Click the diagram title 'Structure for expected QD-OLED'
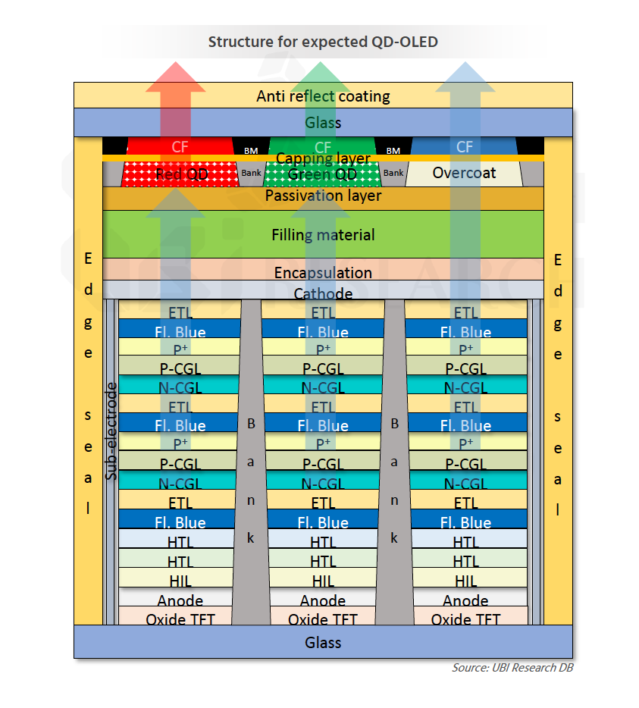(323, 42)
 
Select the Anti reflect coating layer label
(323, 96)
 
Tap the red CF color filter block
(180, 146)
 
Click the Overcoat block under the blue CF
(464, 173)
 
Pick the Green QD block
(323, 174)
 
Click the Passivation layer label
(323, 196)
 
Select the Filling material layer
(323, 235)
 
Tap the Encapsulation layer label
(323, 272)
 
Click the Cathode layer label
(323, 293)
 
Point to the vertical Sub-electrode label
(111, 431)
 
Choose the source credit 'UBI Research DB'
(512, 668)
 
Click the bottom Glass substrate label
(323, 643)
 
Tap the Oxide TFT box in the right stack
(465, 619)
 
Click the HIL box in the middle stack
(323, 581)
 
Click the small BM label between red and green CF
(251, 151)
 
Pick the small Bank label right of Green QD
(393, 173)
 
